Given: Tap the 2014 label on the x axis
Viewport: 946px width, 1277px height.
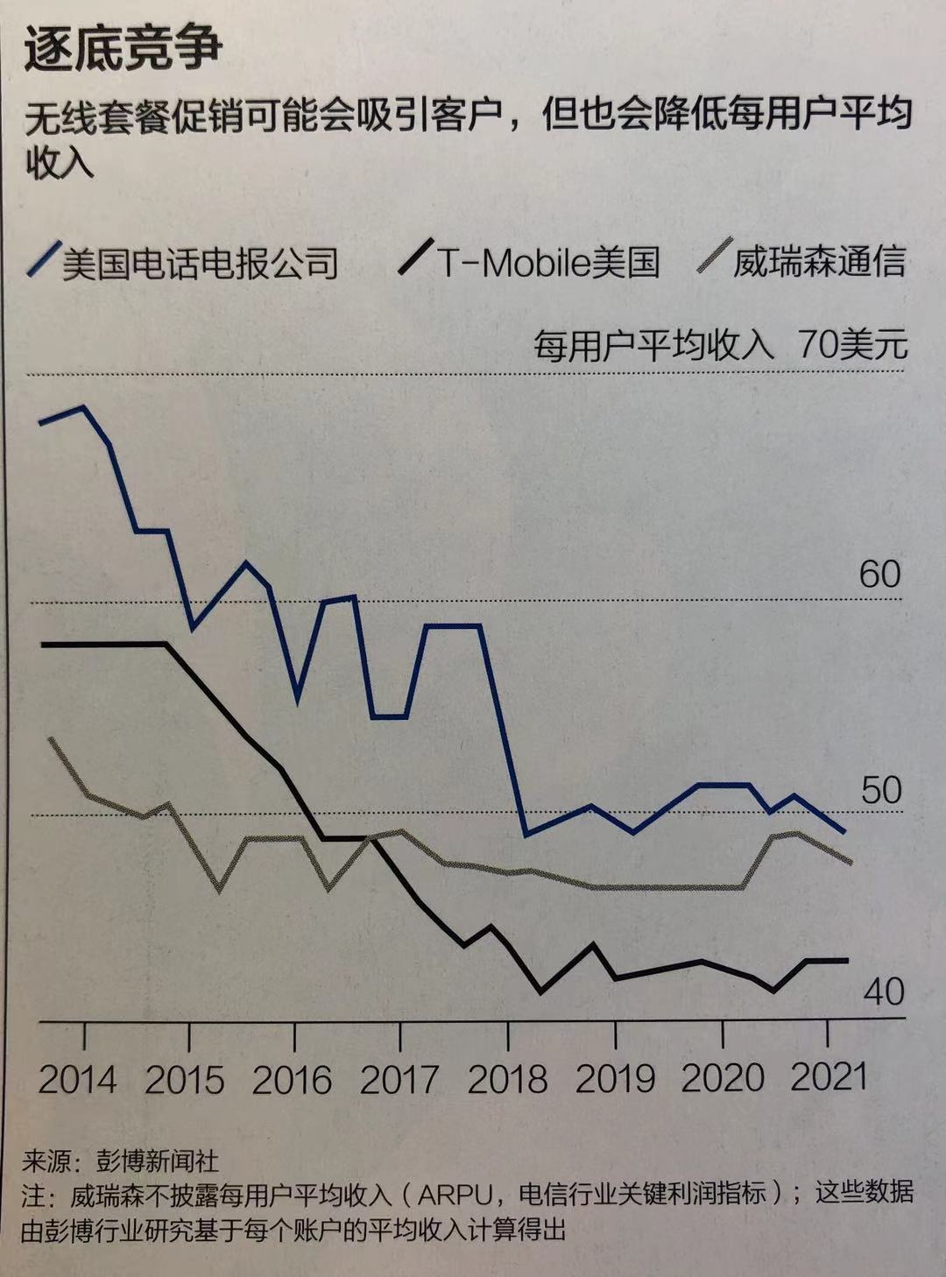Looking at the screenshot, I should pos(77,1078).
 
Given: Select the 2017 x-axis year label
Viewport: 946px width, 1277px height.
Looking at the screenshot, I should pos(399,1078).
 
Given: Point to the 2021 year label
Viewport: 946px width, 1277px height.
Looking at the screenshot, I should pos(828,1076).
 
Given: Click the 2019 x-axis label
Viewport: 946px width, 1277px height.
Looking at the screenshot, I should pos(614,1078).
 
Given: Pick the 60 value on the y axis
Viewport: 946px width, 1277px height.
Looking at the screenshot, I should pos(879,575).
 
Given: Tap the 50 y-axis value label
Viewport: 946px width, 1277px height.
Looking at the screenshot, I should pos(880,790).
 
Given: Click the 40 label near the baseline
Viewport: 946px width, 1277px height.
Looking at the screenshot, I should pos(883,991).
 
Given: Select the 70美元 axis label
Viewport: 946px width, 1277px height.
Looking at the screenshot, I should pos(851,345).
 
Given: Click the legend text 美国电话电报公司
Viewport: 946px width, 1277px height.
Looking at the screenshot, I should pos(200,263).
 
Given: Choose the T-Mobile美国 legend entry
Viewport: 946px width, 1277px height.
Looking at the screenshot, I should pos(548,262).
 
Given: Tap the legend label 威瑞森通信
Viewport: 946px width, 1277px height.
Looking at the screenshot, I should pos(818,262).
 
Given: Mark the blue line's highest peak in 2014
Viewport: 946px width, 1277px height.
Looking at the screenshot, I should pos(84,407).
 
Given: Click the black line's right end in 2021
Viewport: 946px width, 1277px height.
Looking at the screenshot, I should pos(846,961).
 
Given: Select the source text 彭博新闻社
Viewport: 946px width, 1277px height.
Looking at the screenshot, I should pos(158,1161).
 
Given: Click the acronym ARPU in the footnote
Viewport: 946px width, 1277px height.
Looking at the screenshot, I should pos(456,1195).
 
